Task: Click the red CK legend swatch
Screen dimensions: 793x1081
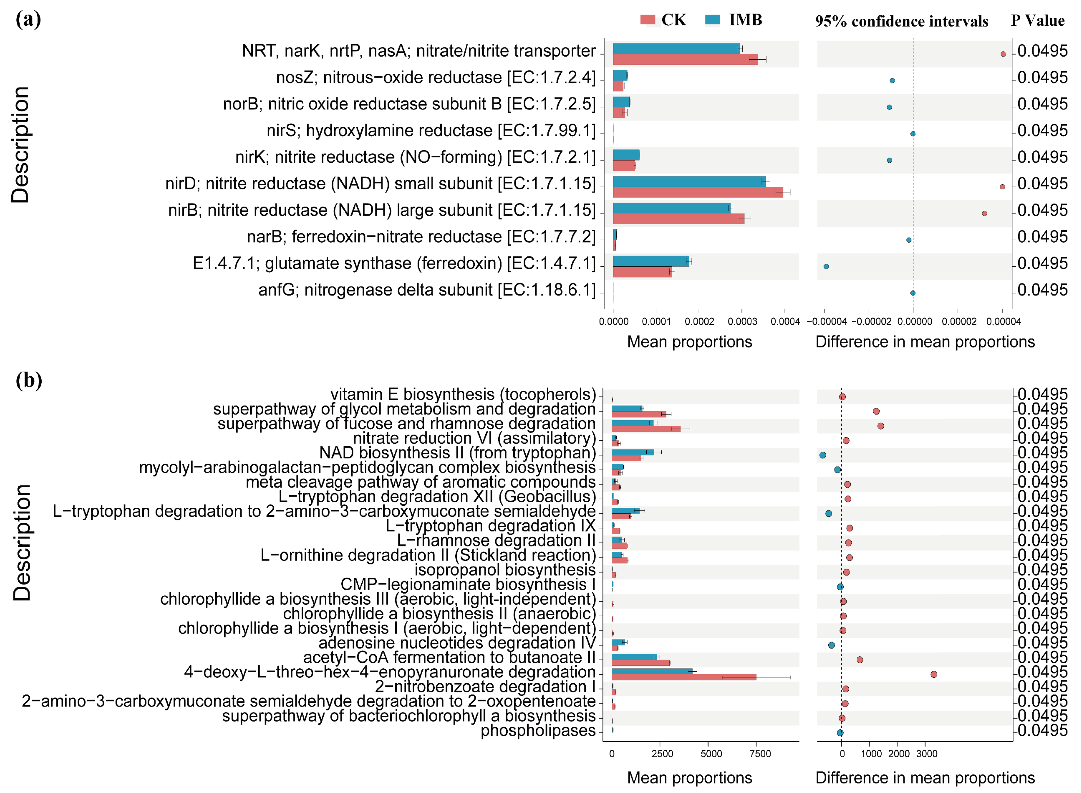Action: (x=648, y=20)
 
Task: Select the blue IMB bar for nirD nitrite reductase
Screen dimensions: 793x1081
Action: (x=689, y=181)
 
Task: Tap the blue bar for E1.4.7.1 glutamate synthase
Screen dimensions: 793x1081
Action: (x=650, y=261)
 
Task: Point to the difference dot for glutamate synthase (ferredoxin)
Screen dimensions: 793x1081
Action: (x=826, y=266)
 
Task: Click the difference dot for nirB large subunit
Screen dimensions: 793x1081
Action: (x=985, y=213)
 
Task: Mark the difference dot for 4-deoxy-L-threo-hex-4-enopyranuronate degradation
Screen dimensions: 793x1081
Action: (x=934, y=674)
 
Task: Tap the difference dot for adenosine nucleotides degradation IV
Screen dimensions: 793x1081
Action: (x=831, y=645)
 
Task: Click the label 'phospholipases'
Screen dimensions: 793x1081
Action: (x=538, y=730)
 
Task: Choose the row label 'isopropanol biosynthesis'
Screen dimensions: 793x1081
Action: (x=505, y=570)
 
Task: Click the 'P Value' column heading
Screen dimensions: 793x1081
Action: (x=1037, y=21)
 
